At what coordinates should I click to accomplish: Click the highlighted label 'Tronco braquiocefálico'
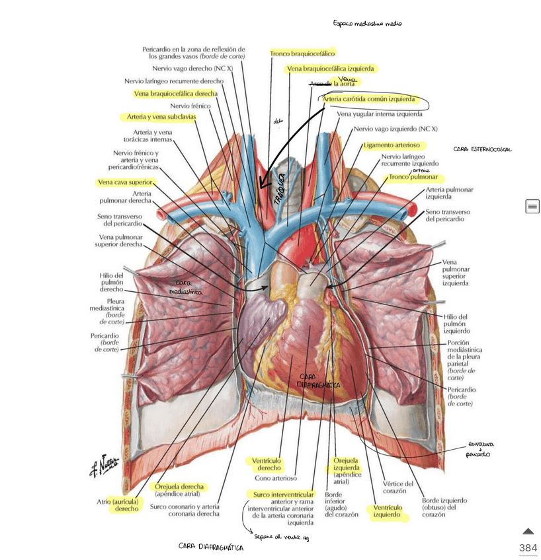(x=302, y=53)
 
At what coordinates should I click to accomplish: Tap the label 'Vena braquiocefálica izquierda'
(x=331, y=69)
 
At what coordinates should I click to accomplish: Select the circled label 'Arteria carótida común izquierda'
(x=369, y=99)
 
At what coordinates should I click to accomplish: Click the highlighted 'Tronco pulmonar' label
(x=415, y=177)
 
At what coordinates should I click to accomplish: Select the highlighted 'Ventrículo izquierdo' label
(x=387, y=512)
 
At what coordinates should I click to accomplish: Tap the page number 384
(x=528, y=548)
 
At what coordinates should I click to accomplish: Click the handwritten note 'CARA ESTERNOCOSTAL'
(x=482, y=150)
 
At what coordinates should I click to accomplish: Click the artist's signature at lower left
(x=104, y=465)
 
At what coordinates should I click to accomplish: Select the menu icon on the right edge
(x=532, y=207)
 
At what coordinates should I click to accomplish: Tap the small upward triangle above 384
(x=528, y=532)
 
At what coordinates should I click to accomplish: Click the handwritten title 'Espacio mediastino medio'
(x=367, y=24)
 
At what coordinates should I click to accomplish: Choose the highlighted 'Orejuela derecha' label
(x=180, y=487)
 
